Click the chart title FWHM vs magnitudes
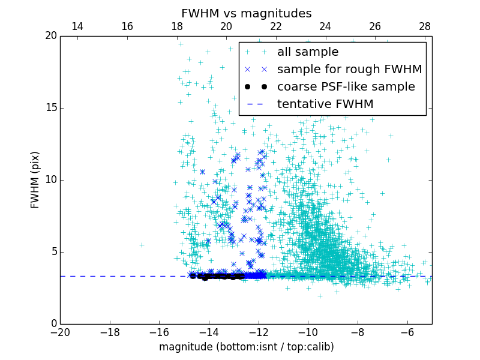click(246, 13)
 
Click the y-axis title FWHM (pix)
click(35, 180)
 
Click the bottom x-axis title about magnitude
click(246, 347)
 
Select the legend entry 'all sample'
click(308, 52)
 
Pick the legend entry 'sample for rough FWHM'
click(349, 70)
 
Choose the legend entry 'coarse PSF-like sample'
click(346, 87)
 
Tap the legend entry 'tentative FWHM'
click(325, 104)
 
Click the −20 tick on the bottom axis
click(60, 332)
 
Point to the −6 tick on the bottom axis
click(407, 332)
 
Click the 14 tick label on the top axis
click(77, 26)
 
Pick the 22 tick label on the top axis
click(276, 26)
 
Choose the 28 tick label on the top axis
click(425, 26)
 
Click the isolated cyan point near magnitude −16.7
click(142, 245)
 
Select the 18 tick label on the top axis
click(177, 26)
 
